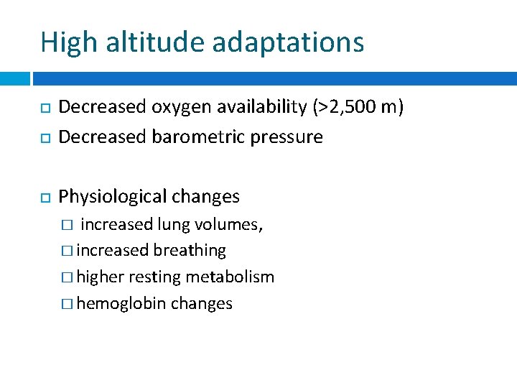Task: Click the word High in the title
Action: pyautogui.click(x=67, y=42)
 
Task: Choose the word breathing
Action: pyautogui.click(x=190, y=251)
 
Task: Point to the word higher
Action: pyautogui.click(x=100, y=277)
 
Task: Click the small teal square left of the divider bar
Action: pyautogui.click(x=15, y=78)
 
